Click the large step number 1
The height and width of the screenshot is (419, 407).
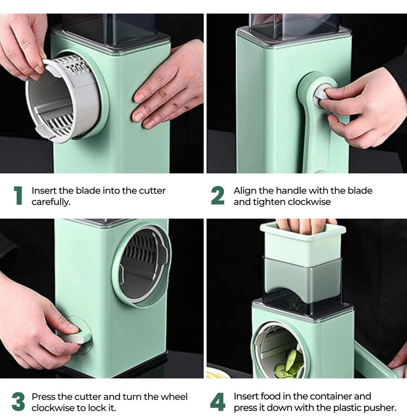click(x=18, y=196)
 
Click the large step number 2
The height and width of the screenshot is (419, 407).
click(x=218, y=196)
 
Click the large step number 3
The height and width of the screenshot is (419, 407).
click(x=18, y=402)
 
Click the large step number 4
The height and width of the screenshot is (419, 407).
click(x=218, y=402)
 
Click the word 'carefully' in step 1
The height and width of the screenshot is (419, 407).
click(x=51, y=202)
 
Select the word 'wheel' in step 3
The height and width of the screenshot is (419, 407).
click(x=175, y=397)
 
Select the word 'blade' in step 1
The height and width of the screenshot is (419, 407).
click(x=88, y=191)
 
